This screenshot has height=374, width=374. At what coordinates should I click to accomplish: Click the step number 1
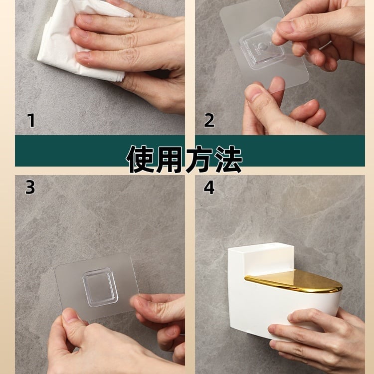31,121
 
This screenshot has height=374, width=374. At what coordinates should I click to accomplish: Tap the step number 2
209,121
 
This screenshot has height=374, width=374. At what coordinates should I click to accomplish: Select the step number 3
30,187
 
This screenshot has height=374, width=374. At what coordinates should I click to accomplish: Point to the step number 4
209,187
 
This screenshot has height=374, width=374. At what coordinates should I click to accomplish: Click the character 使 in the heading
141,159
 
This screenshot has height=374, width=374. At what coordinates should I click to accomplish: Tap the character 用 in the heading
170,159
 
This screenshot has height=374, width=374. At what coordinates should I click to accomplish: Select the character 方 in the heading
198,159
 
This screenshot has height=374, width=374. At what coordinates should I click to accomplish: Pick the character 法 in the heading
228,159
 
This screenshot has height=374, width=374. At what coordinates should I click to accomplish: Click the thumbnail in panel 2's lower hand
253,92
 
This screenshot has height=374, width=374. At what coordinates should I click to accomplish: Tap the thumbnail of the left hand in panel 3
70,314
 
